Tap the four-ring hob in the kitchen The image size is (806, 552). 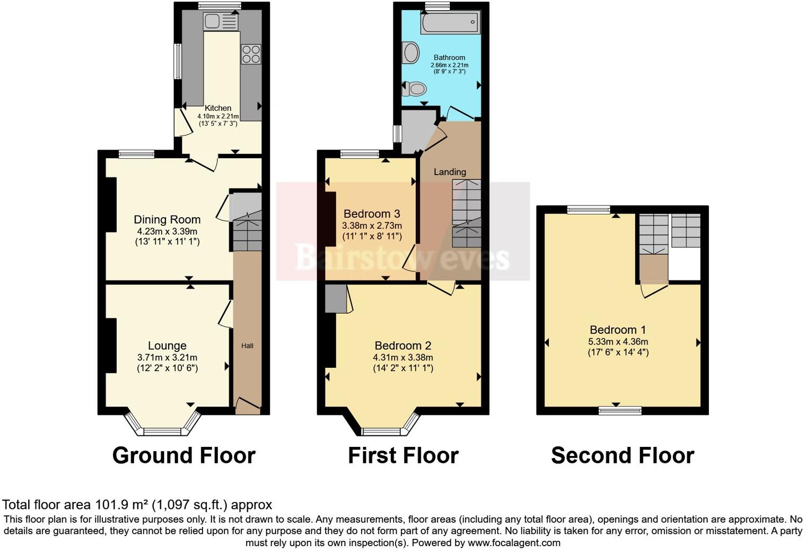pos(251,54)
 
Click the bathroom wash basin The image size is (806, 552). pos(410,53)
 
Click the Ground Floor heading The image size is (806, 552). pos(183,455)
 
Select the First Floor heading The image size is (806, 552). pos(403,455)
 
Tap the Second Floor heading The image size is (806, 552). pos(623,455)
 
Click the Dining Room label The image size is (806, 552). pos(167,220)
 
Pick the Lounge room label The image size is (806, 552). pos(167,346)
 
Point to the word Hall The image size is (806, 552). pos(247,346)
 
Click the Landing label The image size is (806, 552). pos(450,172)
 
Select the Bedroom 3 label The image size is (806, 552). pos(372,214)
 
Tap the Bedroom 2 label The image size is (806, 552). pos(403,346)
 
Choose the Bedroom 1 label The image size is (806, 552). pos(618,330)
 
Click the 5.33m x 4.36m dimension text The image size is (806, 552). pos(618,342)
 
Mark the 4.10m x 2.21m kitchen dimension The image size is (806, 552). pos(218,116)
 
